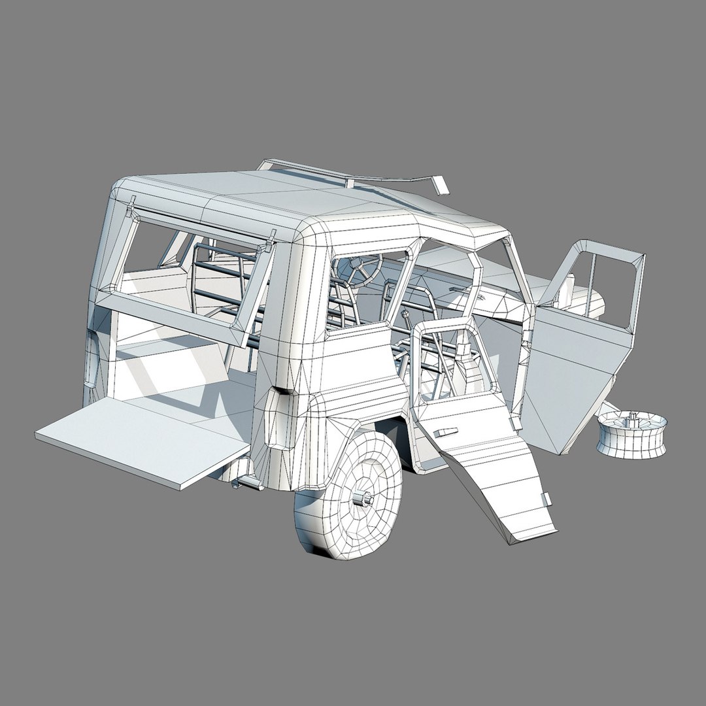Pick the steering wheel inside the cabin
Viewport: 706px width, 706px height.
[360, 269]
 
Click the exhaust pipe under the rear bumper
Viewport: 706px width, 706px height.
[248, 483]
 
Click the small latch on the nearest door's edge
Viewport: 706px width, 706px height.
[546, 499]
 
